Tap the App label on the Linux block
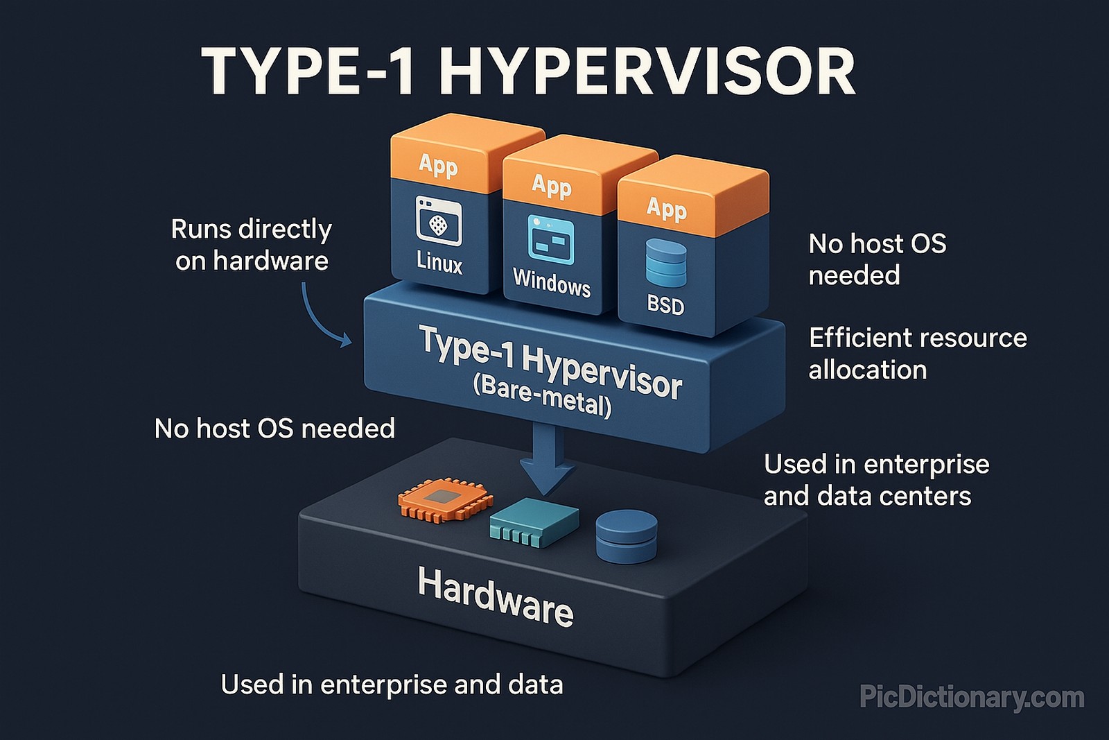coord(438,165)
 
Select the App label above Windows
coord(552,186)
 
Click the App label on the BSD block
coord(666,208)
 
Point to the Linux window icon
coord(439,221)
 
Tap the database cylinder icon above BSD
coord(665,263)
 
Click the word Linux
coord(439,263)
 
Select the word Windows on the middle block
coord(552,283)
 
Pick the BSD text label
coord(665,304)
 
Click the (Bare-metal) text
coord(542,397)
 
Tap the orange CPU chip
coord(445,499)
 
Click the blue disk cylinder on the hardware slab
coord(627,535)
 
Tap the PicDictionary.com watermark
coord(972,697)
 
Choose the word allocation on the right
coord(867,370)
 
